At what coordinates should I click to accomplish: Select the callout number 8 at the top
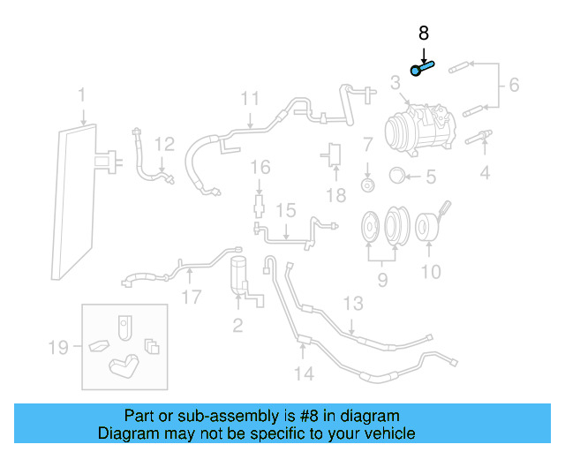click(424, 34)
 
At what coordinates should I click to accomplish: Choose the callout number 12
click(165, 144)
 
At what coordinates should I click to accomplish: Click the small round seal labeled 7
click(367, 185)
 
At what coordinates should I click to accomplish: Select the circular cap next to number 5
click(397, 175)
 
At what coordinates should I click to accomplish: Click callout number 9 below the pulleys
click(382, 281)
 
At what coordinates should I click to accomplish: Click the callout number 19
click(58, 348)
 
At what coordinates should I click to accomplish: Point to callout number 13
click(352, 304)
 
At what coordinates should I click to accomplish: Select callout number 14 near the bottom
click(303, 373)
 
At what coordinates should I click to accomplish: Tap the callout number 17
click(192, 297)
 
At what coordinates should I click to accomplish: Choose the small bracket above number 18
click(335, 153)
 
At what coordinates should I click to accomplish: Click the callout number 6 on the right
click(514, 86)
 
